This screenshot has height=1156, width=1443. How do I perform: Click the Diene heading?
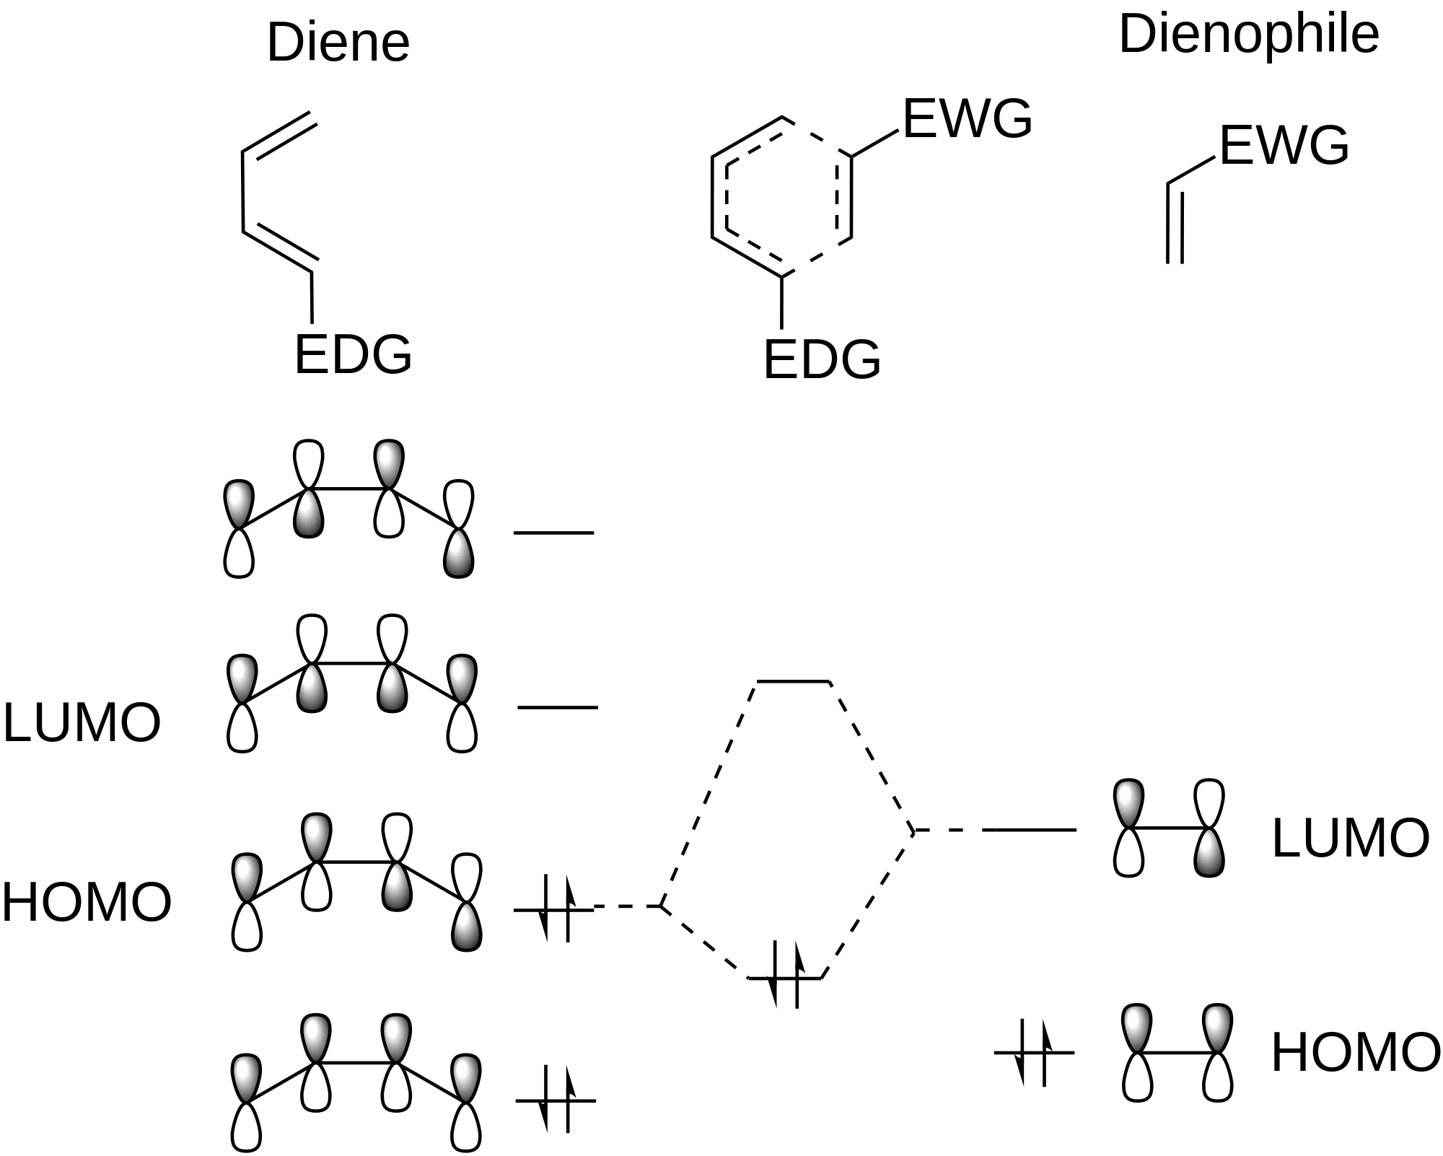[338, 43]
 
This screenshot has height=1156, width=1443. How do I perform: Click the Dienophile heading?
[1248, 34]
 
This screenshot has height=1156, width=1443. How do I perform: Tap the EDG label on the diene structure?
[353, 354]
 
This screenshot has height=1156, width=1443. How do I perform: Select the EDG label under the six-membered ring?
[822, 359]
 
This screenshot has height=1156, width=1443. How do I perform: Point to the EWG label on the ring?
[967, 119]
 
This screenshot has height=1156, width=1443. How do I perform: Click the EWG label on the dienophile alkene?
[1284, 146]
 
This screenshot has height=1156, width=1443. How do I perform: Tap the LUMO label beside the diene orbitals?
[82, 722]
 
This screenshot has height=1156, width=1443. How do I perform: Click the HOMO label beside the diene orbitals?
[87, 902]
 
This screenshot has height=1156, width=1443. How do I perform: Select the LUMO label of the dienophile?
[1350, 838]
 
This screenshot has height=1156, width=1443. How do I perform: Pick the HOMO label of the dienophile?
[1355, 1053]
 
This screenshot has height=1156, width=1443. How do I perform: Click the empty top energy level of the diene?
[553, 533]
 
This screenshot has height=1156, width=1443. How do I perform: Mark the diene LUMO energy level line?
[558, 707]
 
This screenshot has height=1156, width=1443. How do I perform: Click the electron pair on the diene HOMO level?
[555, 909]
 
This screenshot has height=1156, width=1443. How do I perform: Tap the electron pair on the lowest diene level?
[555, 1100]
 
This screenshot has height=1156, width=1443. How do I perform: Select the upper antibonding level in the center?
[793, 681]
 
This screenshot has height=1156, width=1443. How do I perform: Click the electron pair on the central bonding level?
[786, 977]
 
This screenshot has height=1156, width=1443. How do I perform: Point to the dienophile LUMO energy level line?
[1035, 831]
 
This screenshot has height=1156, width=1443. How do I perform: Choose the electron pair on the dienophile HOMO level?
[1034, 1052]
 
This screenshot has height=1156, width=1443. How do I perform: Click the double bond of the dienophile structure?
[1175, 222]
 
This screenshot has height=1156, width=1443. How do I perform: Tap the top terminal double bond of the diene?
[280, 133]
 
